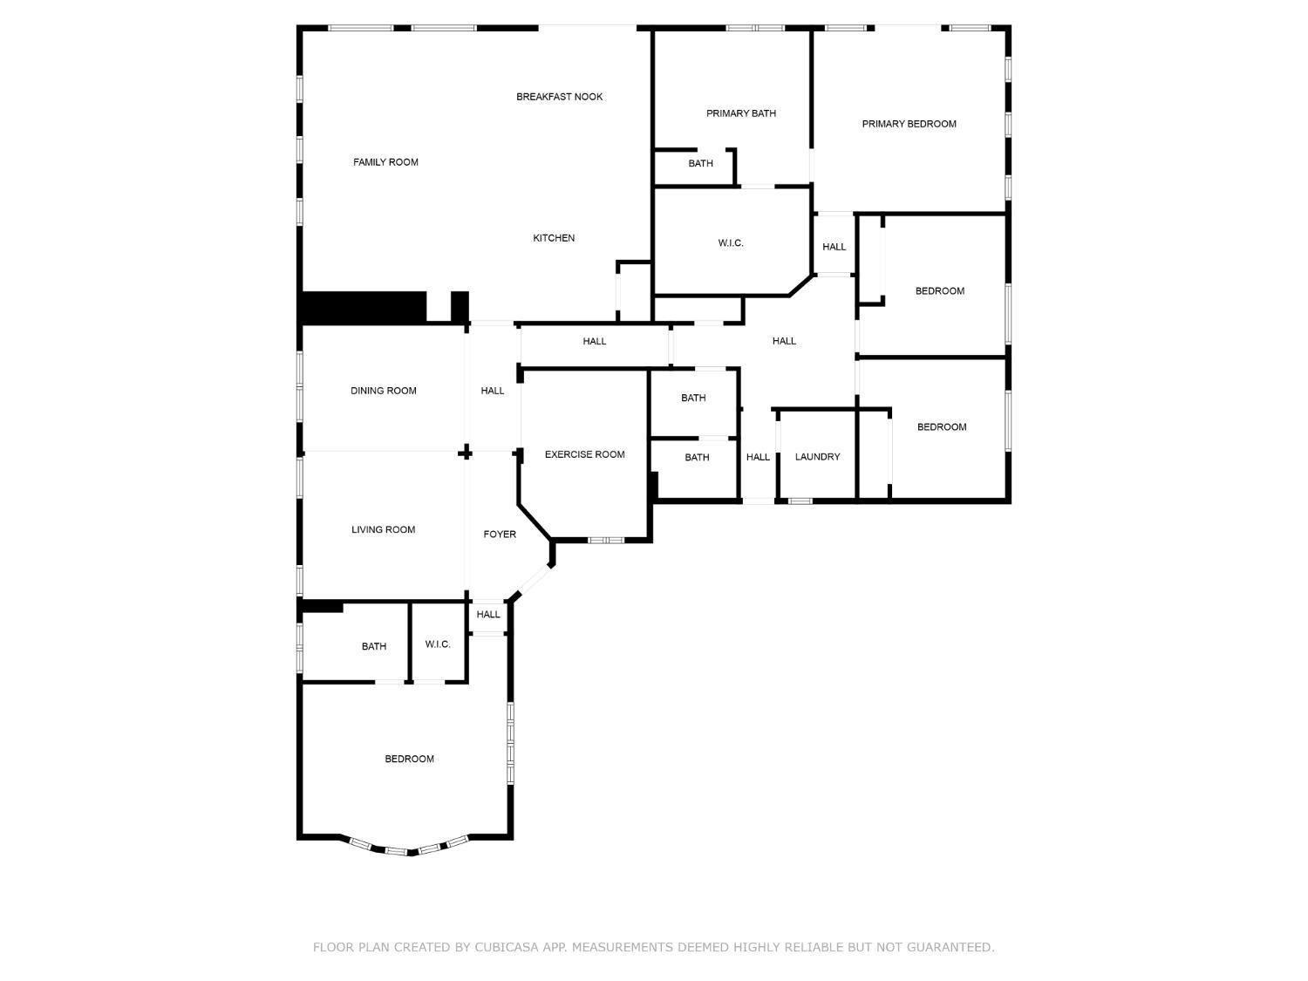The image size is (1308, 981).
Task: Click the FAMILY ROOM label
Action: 385,162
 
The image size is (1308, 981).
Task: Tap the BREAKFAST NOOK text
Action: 559,97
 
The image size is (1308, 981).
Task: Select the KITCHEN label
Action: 554,238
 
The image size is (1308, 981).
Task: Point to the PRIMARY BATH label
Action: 740,113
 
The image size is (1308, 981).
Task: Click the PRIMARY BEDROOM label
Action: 909,124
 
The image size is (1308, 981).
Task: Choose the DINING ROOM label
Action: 383,391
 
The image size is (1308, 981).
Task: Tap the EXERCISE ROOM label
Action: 584,454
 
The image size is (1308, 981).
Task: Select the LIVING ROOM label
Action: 383,529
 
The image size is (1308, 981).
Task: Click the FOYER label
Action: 500,535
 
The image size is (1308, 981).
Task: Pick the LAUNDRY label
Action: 817,457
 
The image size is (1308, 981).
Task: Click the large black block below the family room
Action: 363,307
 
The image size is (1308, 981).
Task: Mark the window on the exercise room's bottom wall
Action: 605,541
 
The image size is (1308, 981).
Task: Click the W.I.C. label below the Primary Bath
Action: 731,243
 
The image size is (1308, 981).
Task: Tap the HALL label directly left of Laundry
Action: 758,457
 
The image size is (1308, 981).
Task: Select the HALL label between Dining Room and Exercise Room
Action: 493,391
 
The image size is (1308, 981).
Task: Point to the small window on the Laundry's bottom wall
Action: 800,501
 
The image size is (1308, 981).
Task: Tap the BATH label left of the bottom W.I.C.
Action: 373,646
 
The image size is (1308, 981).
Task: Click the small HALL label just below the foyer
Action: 488,615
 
